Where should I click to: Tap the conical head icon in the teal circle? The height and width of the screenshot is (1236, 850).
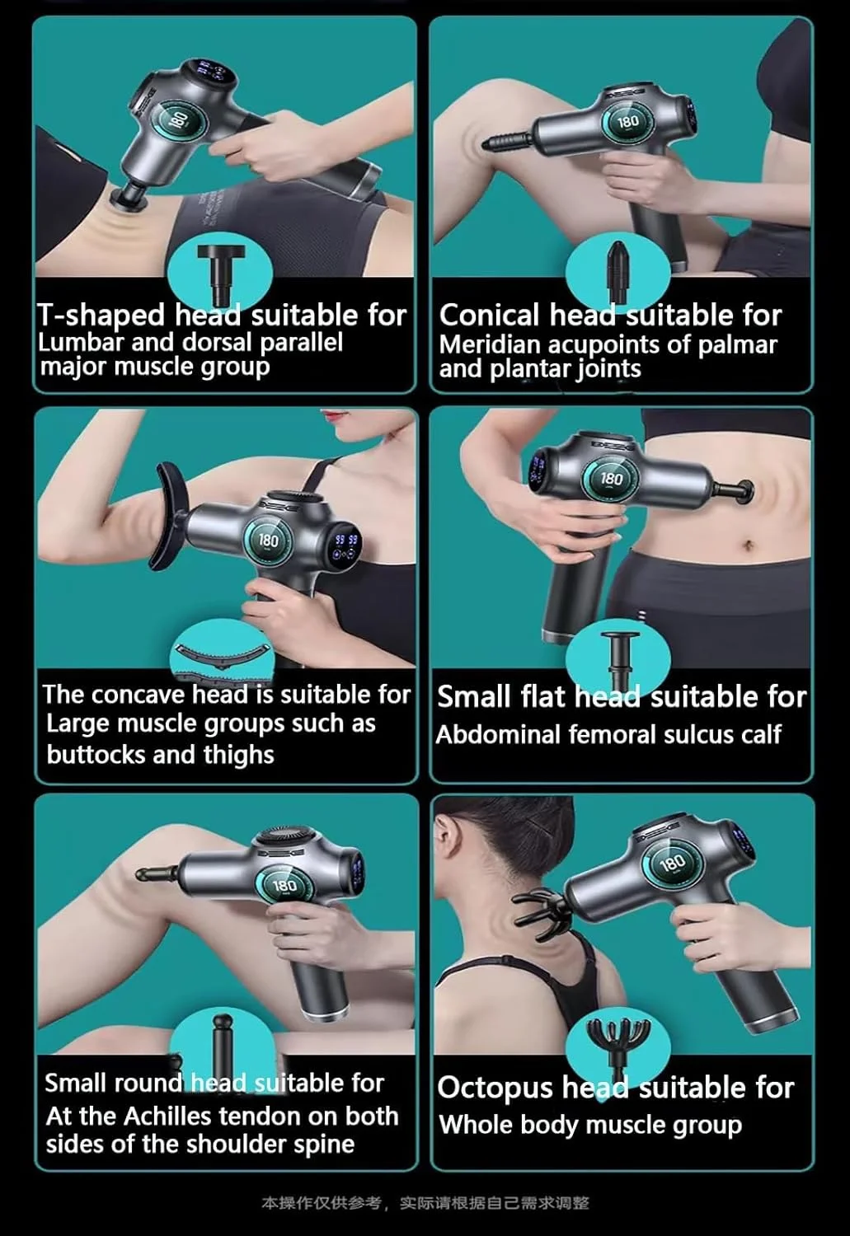(x=618, y=272)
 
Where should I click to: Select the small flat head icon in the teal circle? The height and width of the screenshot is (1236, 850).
(x=618, y=660)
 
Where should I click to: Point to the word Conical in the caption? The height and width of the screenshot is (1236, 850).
(x=489, y=315)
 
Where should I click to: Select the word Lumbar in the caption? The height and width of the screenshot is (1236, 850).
(x=81, y=342)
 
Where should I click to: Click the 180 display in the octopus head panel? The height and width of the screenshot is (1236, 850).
(x=672, y=863)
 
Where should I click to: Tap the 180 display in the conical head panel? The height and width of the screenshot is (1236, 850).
(x=628, y=121)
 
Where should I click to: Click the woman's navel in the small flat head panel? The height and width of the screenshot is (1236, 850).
(x=748, y=545)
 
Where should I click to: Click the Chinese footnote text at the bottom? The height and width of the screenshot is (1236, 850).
(x=425, y=1203)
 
